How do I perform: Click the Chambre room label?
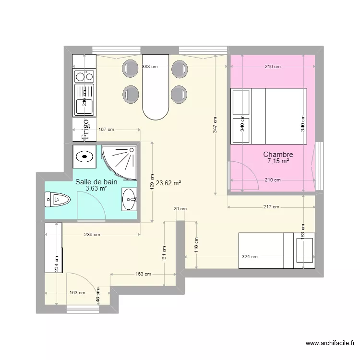pos(278,155)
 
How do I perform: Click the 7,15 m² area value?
pos(278,162)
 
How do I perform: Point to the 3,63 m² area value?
pos(96,189)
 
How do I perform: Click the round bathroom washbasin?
pos(129,199)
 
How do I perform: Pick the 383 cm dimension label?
pos(150,67)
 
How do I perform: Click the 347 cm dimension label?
pos(215,126)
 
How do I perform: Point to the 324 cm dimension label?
pos(250,257)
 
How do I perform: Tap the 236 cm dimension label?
pos(92,235)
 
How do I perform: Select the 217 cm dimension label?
pos(271,207)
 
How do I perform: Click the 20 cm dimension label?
pos(180,208)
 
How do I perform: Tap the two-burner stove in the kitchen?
pos(84,76)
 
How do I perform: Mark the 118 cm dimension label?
pos(197,244)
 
